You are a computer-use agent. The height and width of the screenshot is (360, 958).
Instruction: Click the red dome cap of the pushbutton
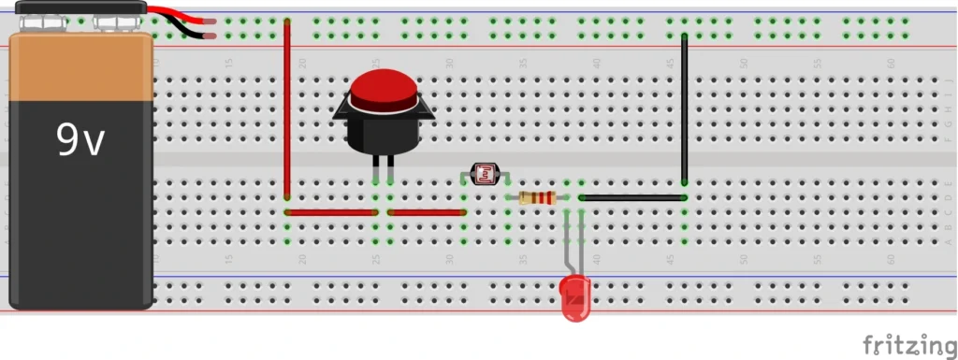coord(383,92)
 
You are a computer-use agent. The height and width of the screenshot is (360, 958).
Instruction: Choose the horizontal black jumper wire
coord(632,197)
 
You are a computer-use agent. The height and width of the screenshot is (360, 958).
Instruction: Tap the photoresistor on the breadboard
coord(485,173)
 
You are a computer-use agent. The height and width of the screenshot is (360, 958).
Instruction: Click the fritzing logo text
coord(902,344)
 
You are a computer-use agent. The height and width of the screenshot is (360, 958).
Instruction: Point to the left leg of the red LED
coord(566,248)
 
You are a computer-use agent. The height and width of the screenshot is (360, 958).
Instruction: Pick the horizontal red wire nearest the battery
coord(330,212)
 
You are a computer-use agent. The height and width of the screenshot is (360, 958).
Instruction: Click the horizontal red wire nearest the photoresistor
coord(427,212)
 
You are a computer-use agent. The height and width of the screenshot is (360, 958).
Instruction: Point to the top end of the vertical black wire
coord(685,37)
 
